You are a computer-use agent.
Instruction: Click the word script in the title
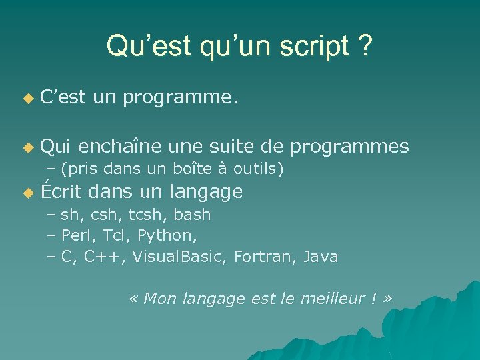click(x=315, y=47)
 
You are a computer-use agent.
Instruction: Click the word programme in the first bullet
click(x=179, y=99)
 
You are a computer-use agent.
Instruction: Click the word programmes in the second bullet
click(x=349, y=147)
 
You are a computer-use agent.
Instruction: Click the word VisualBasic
click(x=180, y=257)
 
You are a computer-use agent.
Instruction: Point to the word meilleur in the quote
click(x=327, y=299)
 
